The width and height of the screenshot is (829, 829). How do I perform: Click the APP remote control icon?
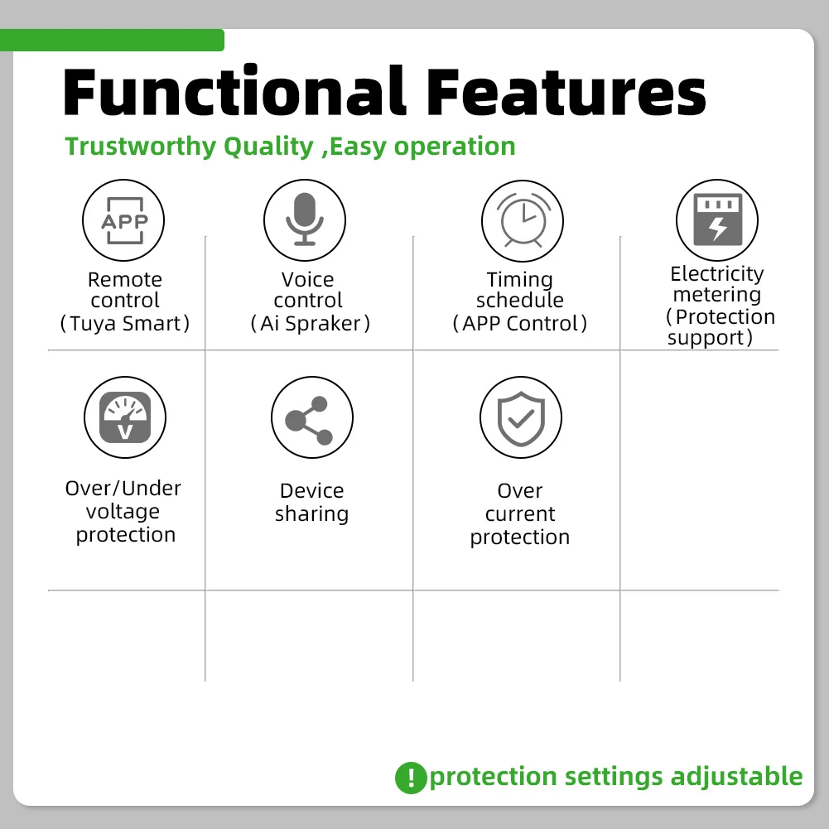tap(123, 220)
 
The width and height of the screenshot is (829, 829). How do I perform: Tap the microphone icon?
tap(305, 220)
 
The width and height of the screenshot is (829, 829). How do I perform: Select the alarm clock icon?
tap(523, 221)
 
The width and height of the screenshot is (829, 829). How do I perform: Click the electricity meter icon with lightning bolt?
tap(717, 220)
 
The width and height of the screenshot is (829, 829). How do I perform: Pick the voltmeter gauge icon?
tap(125, 417)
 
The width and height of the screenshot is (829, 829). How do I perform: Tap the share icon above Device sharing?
tap(312, 417)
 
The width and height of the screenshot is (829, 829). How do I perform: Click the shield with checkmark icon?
tap(521, 417)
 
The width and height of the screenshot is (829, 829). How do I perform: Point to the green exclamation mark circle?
tap(411, 778)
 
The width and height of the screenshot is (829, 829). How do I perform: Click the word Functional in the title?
tap(234, 91)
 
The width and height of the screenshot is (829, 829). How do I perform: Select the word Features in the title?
tap(566, 92)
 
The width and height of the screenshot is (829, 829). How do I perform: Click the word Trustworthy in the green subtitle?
tap(141, 147)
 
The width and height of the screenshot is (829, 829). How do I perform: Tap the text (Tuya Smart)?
tap(125, 323)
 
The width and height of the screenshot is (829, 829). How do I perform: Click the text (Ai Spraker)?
tap(311, 323)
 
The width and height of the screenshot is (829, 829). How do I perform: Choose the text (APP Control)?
tap(520, 323)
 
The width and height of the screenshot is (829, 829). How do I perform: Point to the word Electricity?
tap(717, 274)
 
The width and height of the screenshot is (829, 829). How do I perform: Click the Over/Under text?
tap(123, 488)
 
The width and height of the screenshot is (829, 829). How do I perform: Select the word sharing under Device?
tap(311, 514)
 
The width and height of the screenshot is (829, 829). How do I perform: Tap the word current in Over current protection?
tap(520, 514)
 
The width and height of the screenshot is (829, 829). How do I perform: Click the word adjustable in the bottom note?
tap(736, 777)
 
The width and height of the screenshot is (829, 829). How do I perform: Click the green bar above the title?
tap(112, 41)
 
